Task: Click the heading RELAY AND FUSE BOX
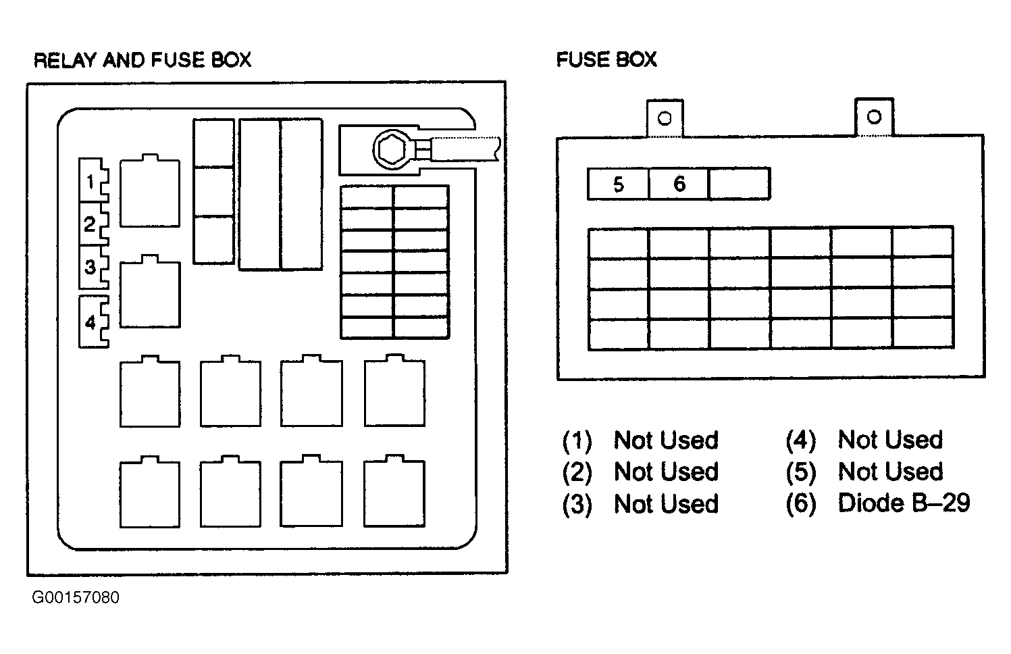pos(142,60)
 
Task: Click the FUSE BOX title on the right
pos(606,59)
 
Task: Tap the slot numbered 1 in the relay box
pos(94,180)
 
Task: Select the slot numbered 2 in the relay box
pos(94,224)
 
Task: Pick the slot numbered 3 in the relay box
pos(94,267)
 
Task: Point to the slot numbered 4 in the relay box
pos(94,322)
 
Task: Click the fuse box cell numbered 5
pos(618,184)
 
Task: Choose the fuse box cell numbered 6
pos(679,184)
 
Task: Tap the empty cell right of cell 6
pos(740,184)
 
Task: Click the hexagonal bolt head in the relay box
pos(392,150)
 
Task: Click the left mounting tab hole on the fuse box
pos(665,118)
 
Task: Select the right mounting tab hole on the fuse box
pos(875,117)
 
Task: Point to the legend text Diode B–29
pos(904,503)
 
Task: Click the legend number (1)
pos(577,441)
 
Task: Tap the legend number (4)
pos(801,440)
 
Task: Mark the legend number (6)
pos(801,503)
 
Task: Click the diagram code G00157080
pos(76,597)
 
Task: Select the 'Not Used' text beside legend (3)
pos(666,503)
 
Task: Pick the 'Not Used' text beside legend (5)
pos(891,472)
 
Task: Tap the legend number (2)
pos(577,472)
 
